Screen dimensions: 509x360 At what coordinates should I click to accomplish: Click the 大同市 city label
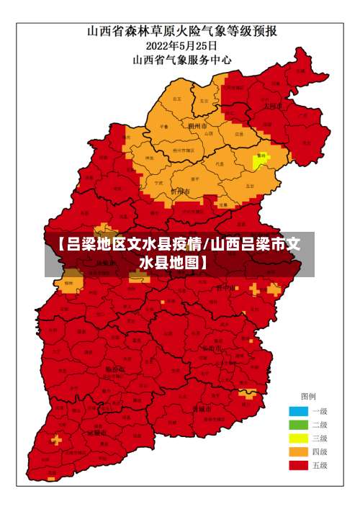pyautogui.click(x=272, y=105)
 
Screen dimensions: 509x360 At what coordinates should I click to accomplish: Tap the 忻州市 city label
pyautogui.click(x=180, y=192)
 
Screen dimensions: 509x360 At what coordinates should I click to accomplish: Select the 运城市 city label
pyautogui.click(x=97, y=433)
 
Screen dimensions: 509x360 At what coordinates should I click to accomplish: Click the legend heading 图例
pyautogui.click(x=307, y=397)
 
